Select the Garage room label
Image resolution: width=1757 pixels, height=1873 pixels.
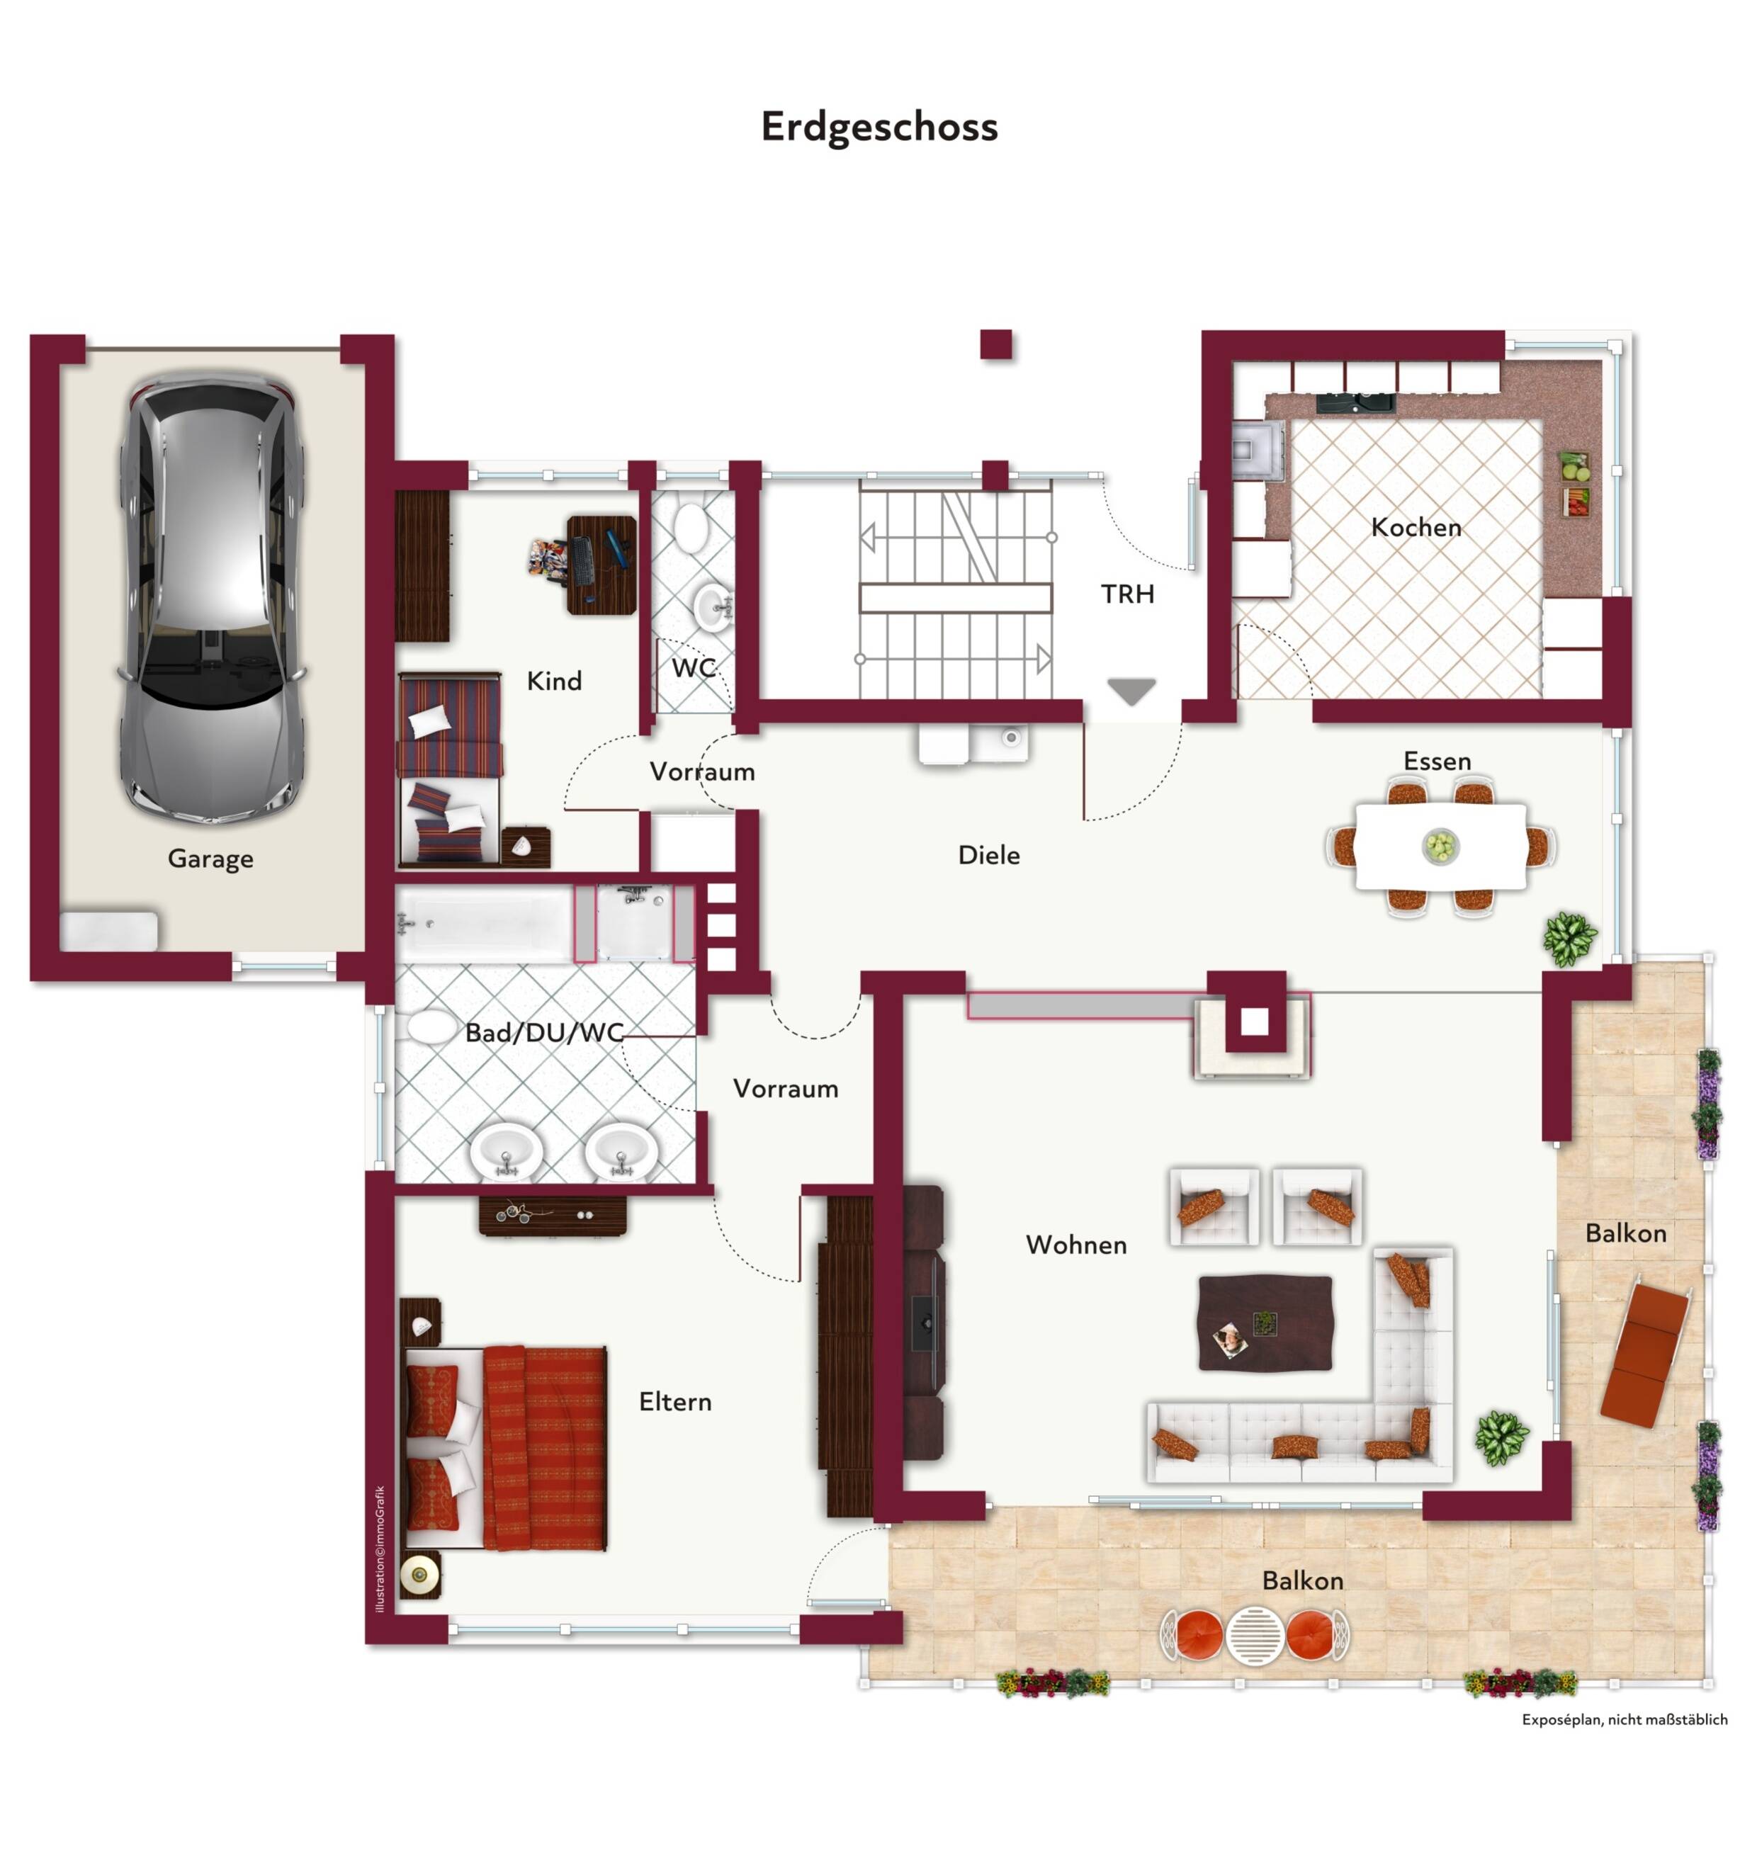tap(210, 859)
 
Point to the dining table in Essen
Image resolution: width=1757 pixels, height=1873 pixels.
tap(1440, 846)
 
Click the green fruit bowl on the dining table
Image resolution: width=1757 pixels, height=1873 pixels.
tap(1440, 845)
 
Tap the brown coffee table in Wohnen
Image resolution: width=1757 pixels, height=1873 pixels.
tap(1265, 1323)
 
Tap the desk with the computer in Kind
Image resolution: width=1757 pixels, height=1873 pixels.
tap(601, 565)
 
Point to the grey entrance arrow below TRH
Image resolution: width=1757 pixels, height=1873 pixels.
tap(1131, 691)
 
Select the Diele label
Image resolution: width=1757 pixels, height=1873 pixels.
tap(989, 854)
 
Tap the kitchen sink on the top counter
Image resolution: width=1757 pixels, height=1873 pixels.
tap(1355, 403)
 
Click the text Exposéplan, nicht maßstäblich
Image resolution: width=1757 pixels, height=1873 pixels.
tap(1625, 1719)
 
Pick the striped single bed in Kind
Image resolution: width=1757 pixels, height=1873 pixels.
tap(449, 768)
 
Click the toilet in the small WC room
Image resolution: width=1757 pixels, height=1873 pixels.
tap(691, 528)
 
